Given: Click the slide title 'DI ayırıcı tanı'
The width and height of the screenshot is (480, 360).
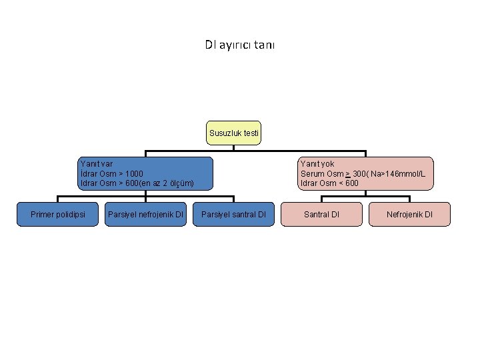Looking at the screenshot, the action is coord(240,45).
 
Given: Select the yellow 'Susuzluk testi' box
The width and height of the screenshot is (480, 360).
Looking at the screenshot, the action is coord(233,133).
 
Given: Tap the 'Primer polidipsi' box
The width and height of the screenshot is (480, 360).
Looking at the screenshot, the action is coord(57,214).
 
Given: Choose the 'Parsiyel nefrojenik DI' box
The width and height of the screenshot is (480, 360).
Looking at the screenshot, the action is coord(145,214).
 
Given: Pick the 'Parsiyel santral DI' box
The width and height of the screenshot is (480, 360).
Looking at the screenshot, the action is coord(233,214).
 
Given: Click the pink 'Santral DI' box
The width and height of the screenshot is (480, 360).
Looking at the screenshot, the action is coord(321,214).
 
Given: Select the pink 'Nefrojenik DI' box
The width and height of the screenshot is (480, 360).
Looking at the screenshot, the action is coord(409,214).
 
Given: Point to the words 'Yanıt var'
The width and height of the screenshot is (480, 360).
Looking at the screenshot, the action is coord(97,164).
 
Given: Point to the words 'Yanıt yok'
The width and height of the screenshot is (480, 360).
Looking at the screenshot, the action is coord(317,164).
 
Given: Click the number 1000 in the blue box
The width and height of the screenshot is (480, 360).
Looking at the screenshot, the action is coord(134,174).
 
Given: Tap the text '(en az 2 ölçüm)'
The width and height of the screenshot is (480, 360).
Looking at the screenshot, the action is coord(166,183).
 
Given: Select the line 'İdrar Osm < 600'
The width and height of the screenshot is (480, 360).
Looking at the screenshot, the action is coord(329,183).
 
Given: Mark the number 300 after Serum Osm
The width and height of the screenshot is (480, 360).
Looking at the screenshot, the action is coord(359,174).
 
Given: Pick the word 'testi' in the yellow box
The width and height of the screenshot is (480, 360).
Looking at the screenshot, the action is coord(251,133).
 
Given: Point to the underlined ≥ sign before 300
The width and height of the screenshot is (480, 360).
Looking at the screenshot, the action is coord(348,174).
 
